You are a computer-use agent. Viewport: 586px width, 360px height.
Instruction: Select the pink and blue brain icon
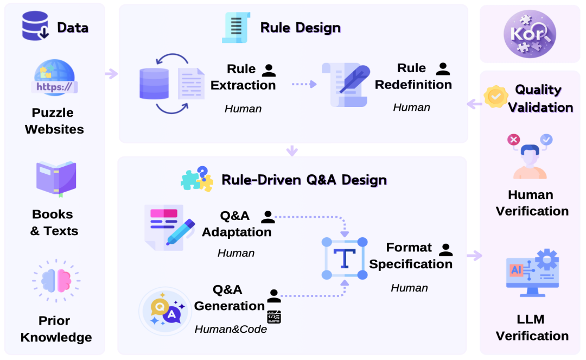(x=56, y=280)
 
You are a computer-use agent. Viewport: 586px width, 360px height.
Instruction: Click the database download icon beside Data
(x=35, y=26)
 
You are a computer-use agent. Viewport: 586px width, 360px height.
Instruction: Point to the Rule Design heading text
(x=300, y=27)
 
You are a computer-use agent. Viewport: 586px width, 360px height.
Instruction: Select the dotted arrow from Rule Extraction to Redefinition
(x=303, y=84)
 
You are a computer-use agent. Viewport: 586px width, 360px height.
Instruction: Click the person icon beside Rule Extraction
(x=269, y=70)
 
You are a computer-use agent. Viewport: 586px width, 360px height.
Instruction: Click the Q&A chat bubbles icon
(x=165, y=311)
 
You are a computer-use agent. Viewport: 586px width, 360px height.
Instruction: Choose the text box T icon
(x=345, y=258)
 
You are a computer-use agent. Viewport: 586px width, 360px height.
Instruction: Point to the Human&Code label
(x=231, y=329)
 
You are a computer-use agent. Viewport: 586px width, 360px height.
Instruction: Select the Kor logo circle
(x=530, y=34)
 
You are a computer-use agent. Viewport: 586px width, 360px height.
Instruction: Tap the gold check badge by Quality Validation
(x=495, y=97)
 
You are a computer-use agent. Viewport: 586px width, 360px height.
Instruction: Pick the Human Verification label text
(x=532, y=203)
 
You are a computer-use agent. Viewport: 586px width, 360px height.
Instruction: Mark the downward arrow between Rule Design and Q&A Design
(x=292, y=150)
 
